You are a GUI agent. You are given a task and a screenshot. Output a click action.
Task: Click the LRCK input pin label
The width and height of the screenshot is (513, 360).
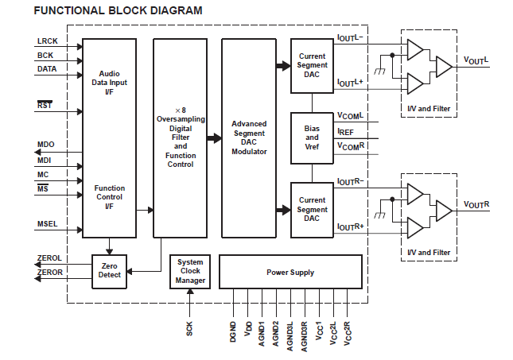(47, 41)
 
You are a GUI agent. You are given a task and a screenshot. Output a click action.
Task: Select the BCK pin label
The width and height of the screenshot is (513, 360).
(45, 55)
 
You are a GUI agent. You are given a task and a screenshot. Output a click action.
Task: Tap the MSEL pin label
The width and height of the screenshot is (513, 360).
(48, 224)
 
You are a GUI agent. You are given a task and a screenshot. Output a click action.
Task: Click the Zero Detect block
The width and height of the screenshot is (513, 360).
(110, 271)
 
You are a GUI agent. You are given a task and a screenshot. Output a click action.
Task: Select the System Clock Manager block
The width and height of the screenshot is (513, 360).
(190, 271)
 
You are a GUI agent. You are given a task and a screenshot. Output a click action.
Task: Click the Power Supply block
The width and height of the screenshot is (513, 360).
(290, 272)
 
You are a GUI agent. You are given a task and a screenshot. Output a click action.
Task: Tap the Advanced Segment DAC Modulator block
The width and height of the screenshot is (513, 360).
(249, 137)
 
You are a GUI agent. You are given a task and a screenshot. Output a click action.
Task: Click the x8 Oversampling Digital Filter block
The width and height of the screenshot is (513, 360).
(181, 137)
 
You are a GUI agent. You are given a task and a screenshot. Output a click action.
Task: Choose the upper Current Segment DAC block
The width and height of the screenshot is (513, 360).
(312, 64)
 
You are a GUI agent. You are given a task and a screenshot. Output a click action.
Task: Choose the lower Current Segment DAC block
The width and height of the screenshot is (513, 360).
(312, 210)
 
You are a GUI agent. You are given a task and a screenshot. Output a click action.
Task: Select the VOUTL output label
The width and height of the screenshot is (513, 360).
(476, 60)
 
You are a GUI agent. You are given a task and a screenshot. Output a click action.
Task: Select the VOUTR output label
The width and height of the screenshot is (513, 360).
(476, 205)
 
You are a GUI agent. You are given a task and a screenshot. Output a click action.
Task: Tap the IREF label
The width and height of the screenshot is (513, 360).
(346, 131)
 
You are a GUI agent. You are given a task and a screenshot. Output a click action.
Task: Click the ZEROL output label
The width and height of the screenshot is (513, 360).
(49, 258)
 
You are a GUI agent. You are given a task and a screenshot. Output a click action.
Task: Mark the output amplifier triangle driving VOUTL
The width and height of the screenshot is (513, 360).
(443, 66)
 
